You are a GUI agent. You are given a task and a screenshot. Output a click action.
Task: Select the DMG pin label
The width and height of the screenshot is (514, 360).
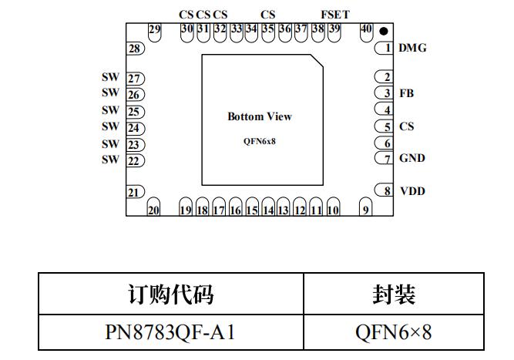click(412, 48)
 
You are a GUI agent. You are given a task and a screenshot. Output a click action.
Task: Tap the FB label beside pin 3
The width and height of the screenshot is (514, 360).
click(406, 93)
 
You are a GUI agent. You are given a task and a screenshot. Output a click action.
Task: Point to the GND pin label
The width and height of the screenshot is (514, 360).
click(412, 158)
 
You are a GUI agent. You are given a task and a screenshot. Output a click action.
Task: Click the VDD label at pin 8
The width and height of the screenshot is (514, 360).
click(412, 190)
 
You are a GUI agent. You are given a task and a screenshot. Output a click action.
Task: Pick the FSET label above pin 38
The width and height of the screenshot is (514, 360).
click(334, 14)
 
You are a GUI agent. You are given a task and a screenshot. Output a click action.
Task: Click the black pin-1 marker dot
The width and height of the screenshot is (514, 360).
click(383, 32)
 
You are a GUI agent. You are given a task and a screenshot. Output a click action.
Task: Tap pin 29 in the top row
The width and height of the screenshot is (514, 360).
click(155, 31)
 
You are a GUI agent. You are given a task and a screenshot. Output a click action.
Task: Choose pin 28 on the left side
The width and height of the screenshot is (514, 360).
click(136, 49)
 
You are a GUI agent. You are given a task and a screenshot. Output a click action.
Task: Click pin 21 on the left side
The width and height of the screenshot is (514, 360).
click(135, 192)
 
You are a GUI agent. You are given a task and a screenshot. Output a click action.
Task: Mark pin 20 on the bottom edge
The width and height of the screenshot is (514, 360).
click(153, 209)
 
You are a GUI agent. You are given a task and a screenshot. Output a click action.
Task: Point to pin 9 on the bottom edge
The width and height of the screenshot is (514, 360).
click(366, 209)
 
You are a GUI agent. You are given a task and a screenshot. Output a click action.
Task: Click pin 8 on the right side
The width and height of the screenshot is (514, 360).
click(384, 190)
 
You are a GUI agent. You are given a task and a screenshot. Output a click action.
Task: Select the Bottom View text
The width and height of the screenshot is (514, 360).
click(260, 116)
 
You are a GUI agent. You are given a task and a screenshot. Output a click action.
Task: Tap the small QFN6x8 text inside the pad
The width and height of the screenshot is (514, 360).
click(259, 141)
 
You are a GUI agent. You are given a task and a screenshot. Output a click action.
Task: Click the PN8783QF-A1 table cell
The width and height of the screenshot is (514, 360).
click(170, 332)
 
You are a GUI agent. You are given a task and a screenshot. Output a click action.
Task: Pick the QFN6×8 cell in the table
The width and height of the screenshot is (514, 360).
click(393, 332)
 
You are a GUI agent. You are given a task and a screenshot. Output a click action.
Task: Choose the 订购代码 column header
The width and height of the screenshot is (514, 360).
click(170, 294)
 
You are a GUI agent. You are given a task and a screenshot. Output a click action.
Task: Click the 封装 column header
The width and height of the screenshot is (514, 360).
click(393, 294)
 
